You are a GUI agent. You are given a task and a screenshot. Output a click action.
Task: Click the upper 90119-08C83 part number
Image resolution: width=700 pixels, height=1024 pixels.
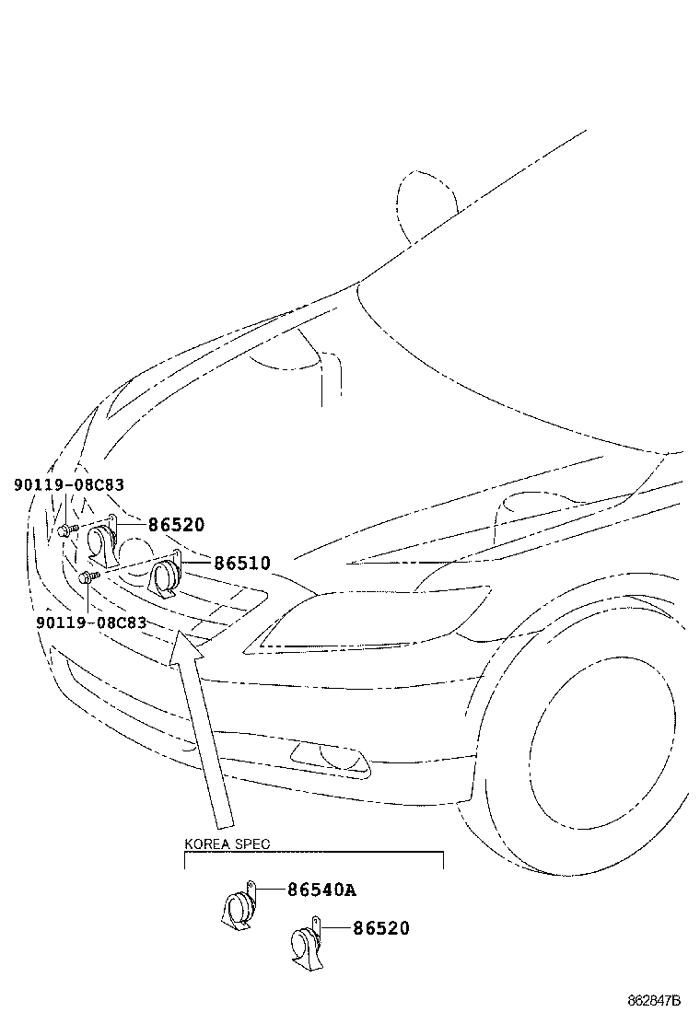point(69,484)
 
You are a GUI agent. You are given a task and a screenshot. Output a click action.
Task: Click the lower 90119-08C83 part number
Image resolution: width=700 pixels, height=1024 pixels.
point(91,623)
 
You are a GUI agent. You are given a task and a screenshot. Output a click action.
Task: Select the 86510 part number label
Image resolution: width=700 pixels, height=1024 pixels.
point(242,563)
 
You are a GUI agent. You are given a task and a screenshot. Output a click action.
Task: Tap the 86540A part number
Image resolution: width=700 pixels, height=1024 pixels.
point(322,890)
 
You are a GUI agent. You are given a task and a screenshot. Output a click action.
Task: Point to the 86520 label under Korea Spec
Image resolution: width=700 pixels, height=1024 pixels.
point(381,928)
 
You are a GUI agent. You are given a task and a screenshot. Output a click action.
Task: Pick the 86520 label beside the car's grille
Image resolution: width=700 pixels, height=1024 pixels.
point(176,524)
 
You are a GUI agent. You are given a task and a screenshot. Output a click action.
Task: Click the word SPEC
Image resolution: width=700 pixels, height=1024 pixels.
point(252,844)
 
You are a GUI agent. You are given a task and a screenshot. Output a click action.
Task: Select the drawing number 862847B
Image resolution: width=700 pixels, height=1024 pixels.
point(654,1000)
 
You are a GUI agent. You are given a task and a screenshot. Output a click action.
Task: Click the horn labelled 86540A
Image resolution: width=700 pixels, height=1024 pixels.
point(237,905)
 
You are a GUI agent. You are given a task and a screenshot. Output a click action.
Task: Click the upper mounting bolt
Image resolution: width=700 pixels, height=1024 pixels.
point(67,529)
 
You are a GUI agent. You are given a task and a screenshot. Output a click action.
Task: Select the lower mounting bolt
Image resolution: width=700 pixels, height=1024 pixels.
point(87,577)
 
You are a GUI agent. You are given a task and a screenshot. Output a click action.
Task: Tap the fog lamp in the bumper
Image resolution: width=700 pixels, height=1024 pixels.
point(331,759)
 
